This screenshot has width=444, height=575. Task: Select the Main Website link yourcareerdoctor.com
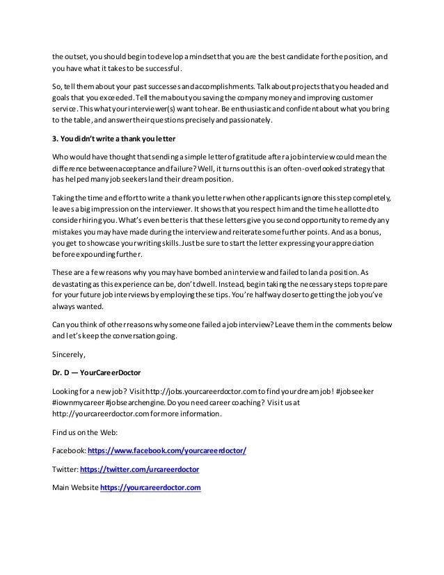[x=150, y=487]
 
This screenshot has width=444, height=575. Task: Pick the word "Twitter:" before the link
[x=65, y=469]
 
